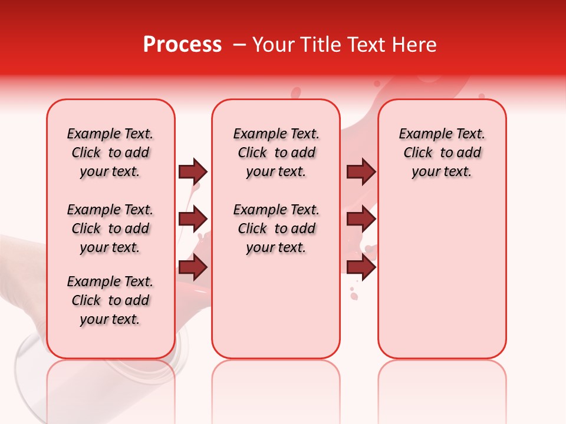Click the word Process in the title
182,45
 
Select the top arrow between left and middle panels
193,171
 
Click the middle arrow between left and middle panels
193,219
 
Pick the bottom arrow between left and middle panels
193,267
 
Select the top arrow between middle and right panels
361,171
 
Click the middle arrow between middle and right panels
361,219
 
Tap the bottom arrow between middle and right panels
361,267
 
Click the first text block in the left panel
110,153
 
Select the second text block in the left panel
110,228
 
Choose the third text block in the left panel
110,300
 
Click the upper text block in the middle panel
276,153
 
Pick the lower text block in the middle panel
276,228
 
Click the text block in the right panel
442,153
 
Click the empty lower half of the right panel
442,283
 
